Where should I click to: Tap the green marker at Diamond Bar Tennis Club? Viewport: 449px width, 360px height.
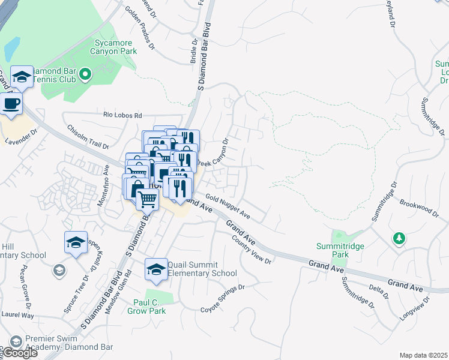[x=85, y=74]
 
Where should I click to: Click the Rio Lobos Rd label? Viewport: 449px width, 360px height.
[x=122, y=115]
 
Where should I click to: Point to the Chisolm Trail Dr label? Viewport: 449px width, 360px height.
[x=88, y=137]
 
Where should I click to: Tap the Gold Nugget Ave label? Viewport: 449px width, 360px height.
[x=228, y=205]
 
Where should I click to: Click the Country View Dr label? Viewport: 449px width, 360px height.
[x=252, y=249]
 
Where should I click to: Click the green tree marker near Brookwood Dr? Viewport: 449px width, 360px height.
[x=399, y=239]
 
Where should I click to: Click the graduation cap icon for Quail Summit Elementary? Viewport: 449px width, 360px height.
[x=156, y=269]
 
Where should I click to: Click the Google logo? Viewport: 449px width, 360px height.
[x=19, y=353]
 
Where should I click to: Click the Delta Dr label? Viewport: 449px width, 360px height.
[x=378, y=289]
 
